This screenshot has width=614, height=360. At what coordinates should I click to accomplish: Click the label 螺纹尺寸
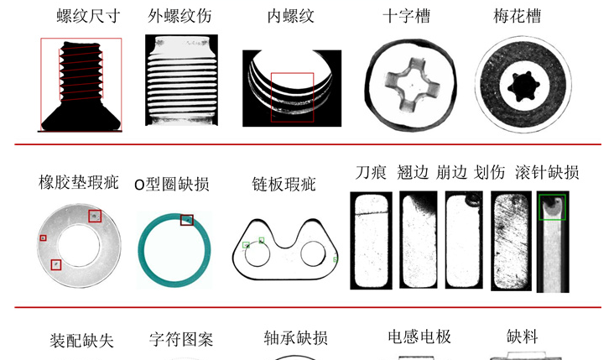click(x=81, y=16)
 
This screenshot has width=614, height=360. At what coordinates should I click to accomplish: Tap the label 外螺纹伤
click(x=180, y=16)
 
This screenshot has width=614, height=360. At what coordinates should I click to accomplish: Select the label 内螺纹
click(x=291, y=16)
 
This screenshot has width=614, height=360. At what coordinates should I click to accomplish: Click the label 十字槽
click(x=406, y=16)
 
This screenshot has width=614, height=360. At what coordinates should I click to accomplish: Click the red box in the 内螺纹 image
click(x=292, y=97)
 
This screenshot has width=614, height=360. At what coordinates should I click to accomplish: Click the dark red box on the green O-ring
click(x=186, y=220)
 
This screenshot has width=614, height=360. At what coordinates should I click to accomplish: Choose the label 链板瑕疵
click(x=284, y=184)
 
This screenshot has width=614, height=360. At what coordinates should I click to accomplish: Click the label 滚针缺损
click(x=547, y=172)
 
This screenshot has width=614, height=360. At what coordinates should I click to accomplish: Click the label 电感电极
click(x=419, y=337)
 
